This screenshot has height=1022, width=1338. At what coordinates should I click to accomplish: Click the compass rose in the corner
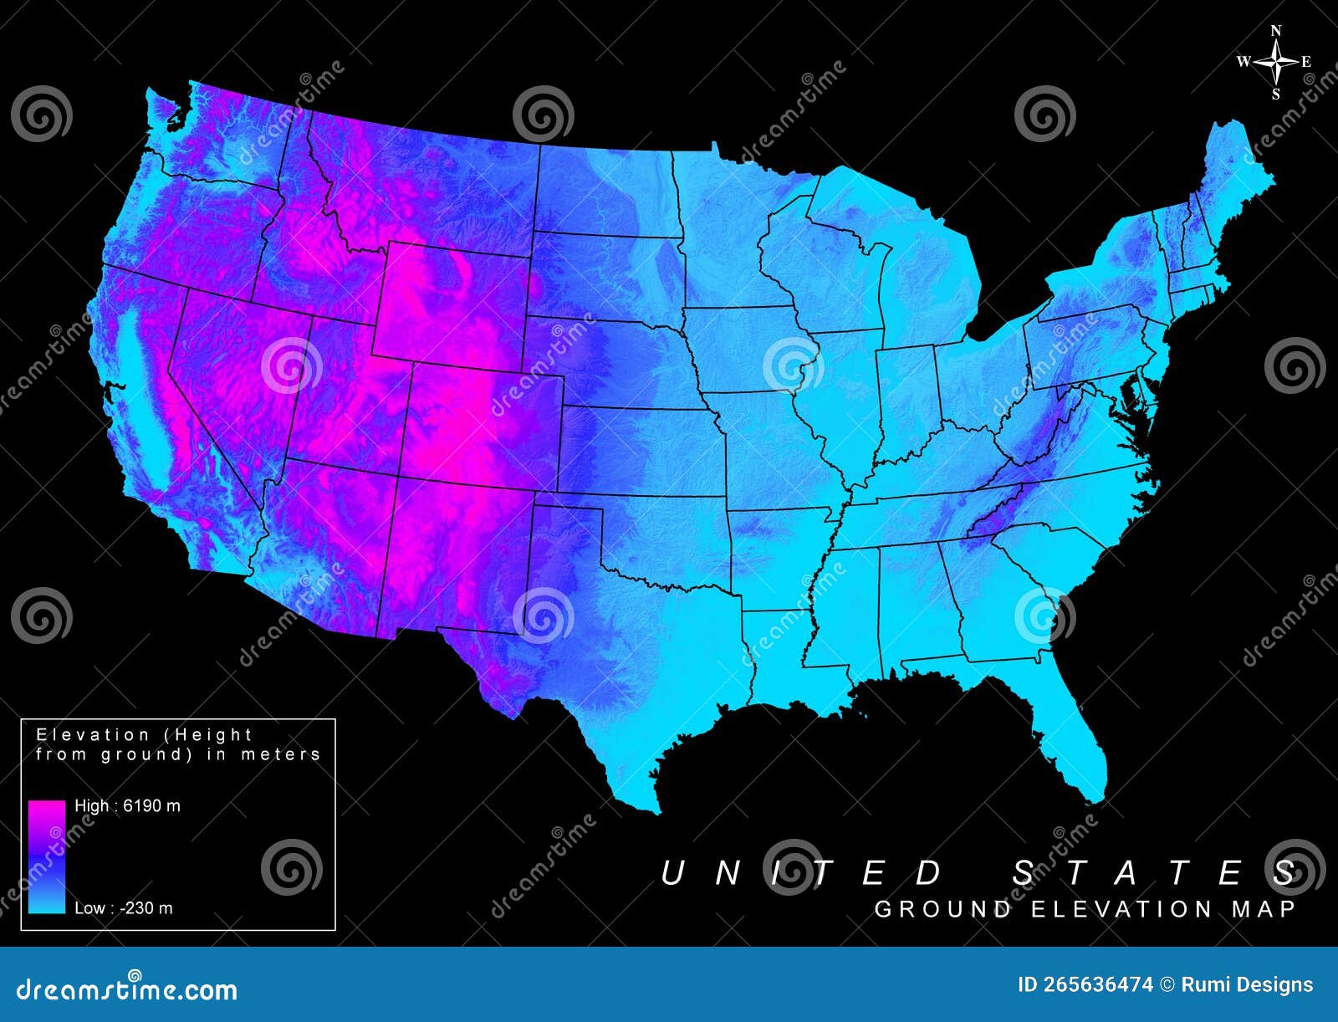[1276, 62]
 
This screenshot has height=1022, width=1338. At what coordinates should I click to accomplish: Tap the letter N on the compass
[1276, 31]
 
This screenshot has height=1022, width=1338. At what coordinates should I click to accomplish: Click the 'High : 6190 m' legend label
[127, 806]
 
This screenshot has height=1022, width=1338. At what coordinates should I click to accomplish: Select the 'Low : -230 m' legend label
[124, 908]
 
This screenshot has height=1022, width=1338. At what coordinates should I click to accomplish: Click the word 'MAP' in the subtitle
[1263, 910]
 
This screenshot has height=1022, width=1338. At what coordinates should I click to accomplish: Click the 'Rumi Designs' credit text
[1247, 985]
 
